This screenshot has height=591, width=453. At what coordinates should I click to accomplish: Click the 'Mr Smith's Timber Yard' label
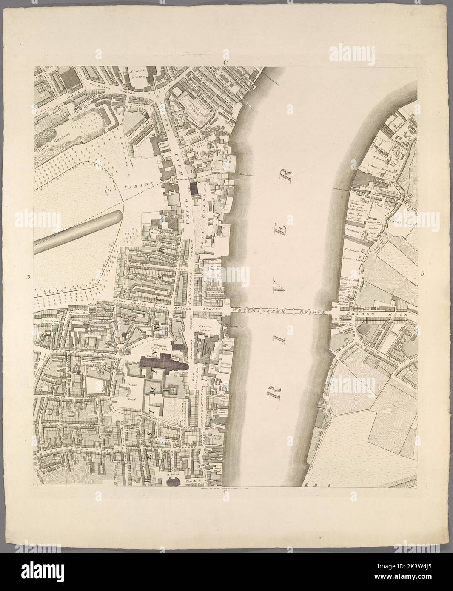click(351, 257)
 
